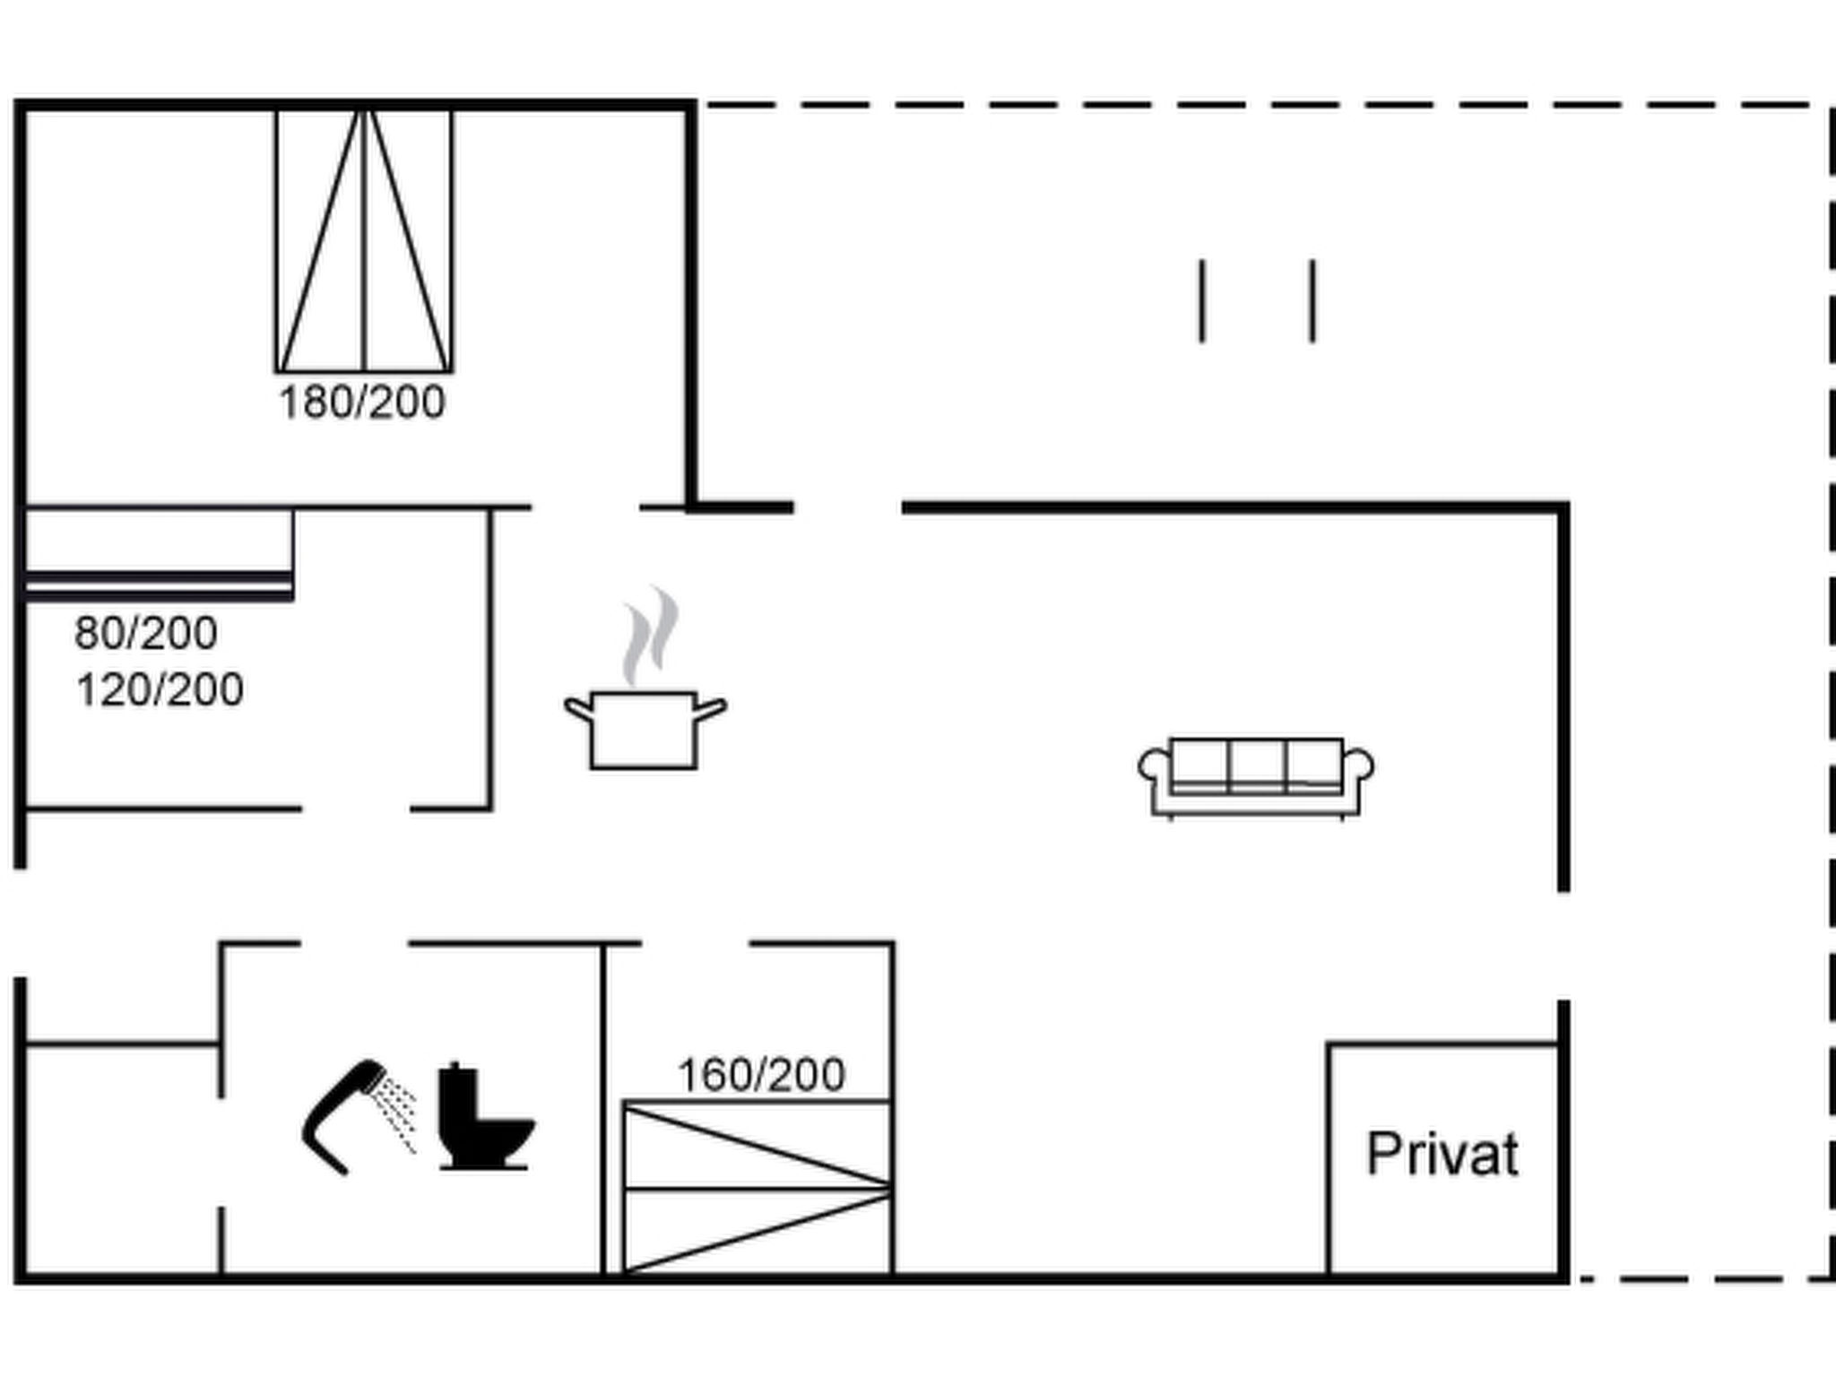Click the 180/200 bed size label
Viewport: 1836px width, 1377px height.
pyautogui.click(x=362, y=403)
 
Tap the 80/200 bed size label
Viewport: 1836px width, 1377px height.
pyautogui.click(x=146, y=633)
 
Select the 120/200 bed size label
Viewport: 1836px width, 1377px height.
pyautogui.click(x=160, y=690)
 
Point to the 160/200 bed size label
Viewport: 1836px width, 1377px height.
pyautogui.click(x=761, y=1075)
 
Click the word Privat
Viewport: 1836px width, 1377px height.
pyautogui.click(x=1442, y=1154)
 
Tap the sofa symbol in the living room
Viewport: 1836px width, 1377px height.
pyautogui.click(x=1256, y=778)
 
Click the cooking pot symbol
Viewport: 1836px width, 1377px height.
pyautogui.click(x=645, y=730)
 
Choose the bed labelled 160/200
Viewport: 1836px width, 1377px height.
pyautogui.click(x=758, y=1187)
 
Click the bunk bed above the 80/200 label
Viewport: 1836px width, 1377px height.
pyautogui.click(x=159, y=554)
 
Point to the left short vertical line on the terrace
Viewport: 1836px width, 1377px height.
pyautogui.click(x=1202, y=301)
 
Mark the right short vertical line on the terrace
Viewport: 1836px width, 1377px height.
pyautogui.click(x=1312, y=301)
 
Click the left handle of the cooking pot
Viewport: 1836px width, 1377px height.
pyautogui.click(x=578, y=708)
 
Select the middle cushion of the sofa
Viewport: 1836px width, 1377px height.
pyautogui.click(x=1257, y=763)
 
